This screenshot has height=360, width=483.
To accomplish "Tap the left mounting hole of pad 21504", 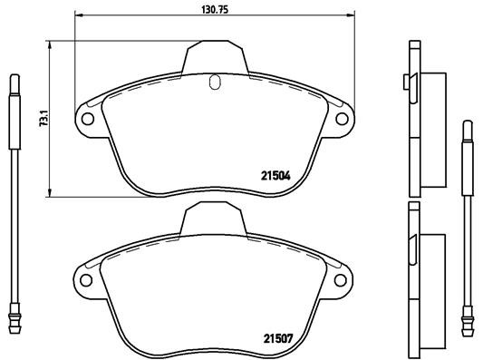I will point(89,118).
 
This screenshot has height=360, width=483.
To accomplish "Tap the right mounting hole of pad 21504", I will point(342,118).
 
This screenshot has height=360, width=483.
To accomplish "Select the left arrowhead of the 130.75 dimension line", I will point(75,15).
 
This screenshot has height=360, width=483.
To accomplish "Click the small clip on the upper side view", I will point(404,85).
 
